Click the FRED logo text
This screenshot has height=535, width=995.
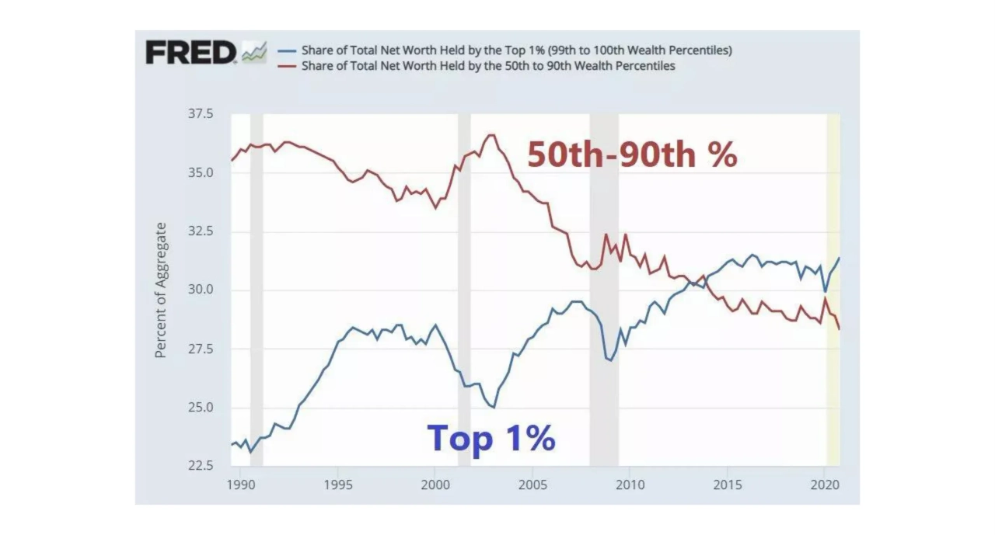190,54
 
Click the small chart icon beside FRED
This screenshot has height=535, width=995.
254,53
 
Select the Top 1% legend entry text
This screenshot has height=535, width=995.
517,50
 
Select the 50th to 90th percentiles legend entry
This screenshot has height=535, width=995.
488,66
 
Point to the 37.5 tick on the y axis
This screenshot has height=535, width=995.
199,114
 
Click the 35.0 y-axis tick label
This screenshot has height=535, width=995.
199,172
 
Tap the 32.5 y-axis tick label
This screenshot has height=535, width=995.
199,231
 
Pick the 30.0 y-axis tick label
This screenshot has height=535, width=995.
199,290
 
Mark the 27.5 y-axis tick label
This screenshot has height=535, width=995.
199,349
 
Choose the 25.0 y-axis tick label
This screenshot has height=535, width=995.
199,408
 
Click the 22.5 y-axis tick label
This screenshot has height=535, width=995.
199,467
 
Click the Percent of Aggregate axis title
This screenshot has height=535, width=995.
161,290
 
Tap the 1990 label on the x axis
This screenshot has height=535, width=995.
240,484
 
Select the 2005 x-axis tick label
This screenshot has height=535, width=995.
532,484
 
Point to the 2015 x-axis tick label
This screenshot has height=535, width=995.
727,484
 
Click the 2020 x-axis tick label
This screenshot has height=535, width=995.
824,484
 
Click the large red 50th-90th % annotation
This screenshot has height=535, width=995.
632,155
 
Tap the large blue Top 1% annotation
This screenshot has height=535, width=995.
491,438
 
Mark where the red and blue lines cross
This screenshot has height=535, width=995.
703,278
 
